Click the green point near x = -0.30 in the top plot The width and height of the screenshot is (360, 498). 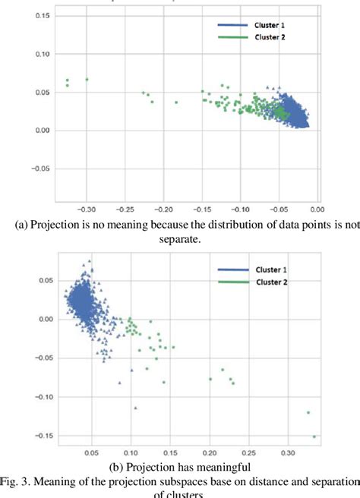click(x=87, y=79)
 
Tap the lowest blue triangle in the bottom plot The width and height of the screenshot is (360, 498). click(x=135, y=408)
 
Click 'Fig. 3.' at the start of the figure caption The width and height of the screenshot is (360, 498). click(x=18, y=481)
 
